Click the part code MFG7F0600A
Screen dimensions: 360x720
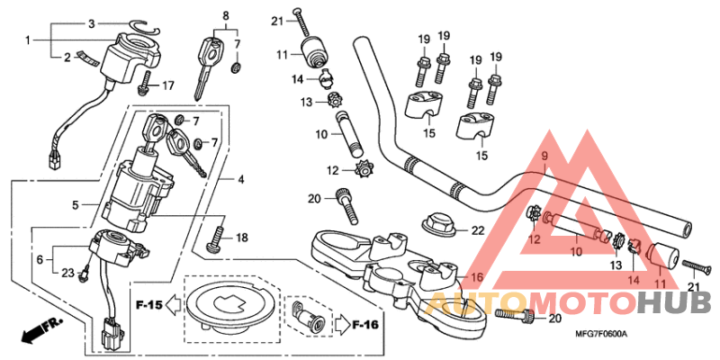coord(602,335)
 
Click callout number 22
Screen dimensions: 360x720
coord(477,230)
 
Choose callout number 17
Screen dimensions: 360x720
coord(167,85)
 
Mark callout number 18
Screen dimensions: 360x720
coord(241,238)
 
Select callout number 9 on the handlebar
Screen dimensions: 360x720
coord(544,157)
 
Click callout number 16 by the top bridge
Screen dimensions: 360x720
coord(477,277)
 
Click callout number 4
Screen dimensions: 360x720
coord(241,179)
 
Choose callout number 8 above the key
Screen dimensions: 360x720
coord(226,15)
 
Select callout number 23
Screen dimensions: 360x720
coord(67,272)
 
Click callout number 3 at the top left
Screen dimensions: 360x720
coord(90,23)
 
